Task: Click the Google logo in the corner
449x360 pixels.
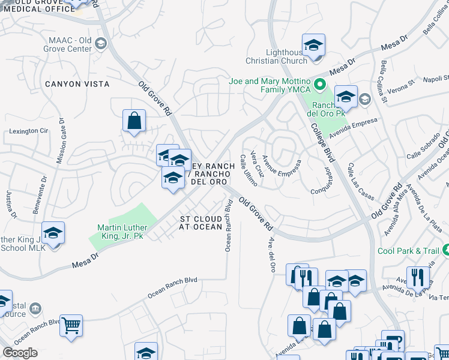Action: [20, 353]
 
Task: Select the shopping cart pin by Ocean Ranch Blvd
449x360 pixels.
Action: [71, 326]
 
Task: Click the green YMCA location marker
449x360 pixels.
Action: [320, 85]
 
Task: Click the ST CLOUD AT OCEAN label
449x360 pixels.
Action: [200, 223]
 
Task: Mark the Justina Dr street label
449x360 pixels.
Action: [9, 205]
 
